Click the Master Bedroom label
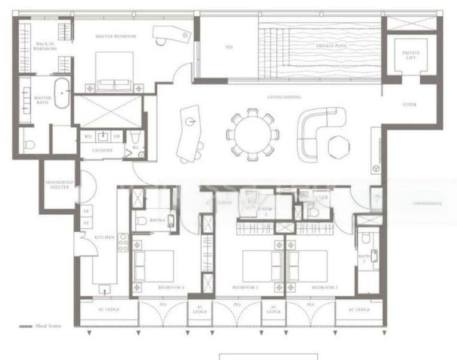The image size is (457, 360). pos(116,37)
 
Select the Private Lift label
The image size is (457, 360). pos(411,55)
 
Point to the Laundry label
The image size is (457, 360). pos(103,150)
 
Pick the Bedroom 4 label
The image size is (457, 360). pos(171,288)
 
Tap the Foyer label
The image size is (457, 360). pos(410,104)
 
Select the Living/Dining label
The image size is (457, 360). pos(284,97)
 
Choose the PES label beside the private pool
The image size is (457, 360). pos(229,46)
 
